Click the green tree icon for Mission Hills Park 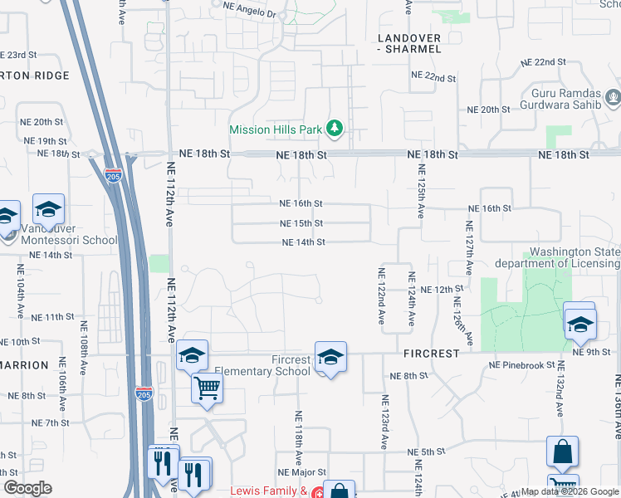click(334, 129)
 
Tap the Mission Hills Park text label click(276, 129)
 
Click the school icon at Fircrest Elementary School click(330, 358)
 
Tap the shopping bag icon click(562, 452)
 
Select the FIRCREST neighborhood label click(432, 354)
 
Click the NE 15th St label click(301, 223)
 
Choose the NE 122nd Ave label click(382, 295)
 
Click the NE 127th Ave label click(469, 248)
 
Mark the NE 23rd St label click(18, 55)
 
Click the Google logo click(28, 488)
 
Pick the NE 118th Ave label click(298, 437)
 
